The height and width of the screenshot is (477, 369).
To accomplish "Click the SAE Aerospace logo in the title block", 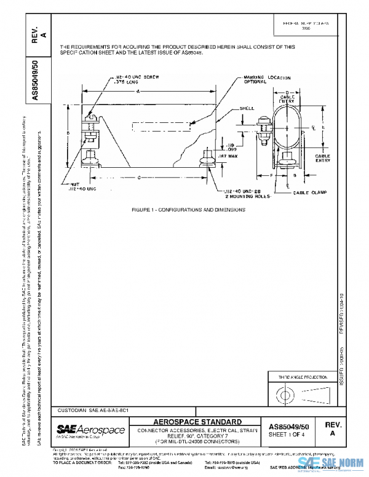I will [90, 429].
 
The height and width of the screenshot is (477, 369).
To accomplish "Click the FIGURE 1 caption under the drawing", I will [188, 210].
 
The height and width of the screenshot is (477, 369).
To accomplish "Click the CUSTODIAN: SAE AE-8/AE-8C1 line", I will [93, 409].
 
